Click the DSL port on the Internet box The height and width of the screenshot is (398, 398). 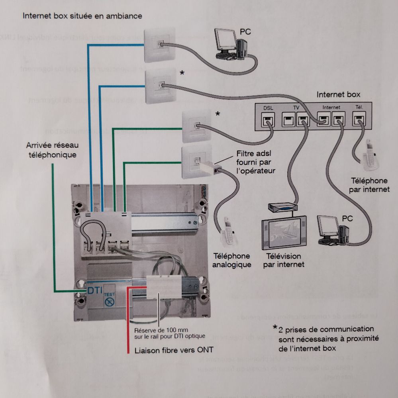[267, 118]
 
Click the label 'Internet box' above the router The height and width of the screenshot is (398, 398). [338, 95]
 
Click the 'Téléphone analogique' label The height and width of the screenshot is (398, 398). [232, 260]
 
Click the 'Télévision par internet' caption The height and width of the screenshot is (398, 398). [283, 260]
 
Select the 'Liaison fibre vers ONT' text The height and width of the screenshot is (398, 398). [174, 350]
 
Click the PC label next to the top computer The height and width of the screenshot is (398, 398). [245, 32]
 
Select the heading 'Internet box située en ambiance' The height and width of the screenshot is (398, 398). [82, 16]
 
